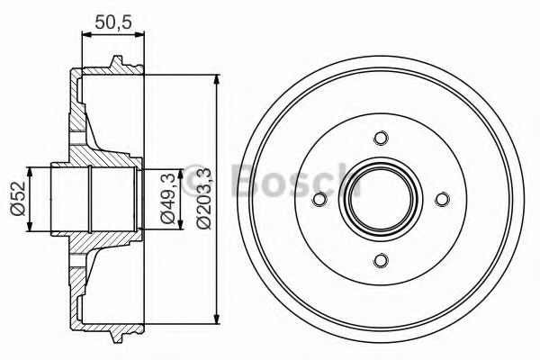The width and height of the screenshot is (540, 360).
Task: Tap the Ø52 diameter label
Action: (x=15, y=200)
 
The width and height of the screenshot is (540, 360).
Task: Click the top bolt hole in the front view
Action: (x=381, y=138)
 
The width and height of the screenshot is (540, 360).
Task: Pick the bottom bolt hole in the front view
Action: (x=381, y=261)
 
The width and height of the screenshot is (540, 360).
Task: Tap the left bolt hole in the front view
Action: (x=319, y=200)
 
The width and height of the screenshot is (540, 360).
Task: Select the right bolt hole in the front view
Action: (x=442, y=200)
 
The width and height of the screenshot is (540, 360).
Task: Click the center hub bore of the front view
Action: (x=381, y=200)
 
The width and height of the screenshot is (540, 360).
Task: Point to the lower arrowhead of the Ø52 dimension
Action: (x=31, y=229)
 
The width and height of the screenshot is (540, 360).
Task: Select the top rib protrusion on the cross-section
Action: (x=116, y=64)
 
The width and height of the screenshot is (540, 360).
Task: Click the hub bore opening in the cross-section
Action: (x=90, y=200)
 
